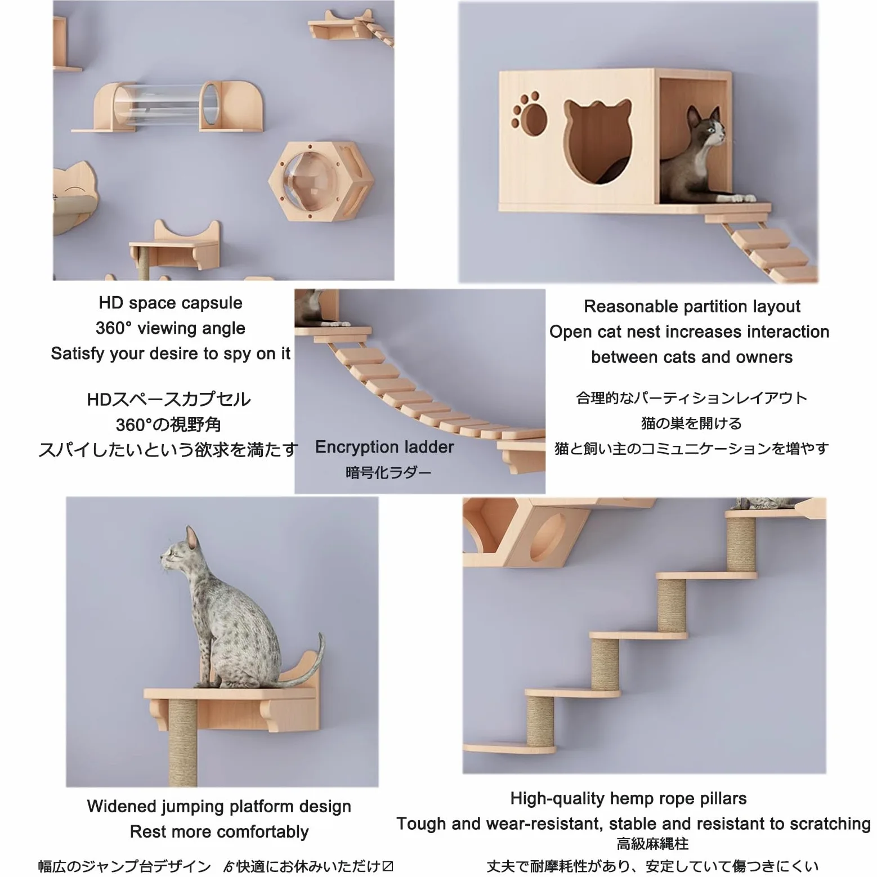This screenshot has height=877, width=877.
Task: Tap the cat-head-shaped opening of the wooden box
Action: point(597,141)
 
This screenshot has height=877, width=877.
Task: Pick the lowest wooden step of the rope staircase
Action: point(510,748)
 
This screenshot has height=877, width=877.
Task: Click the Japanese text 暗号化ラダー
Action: point(388,472)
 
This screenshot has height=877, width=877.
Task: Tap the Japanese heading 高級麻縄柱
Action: point(652,844)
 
